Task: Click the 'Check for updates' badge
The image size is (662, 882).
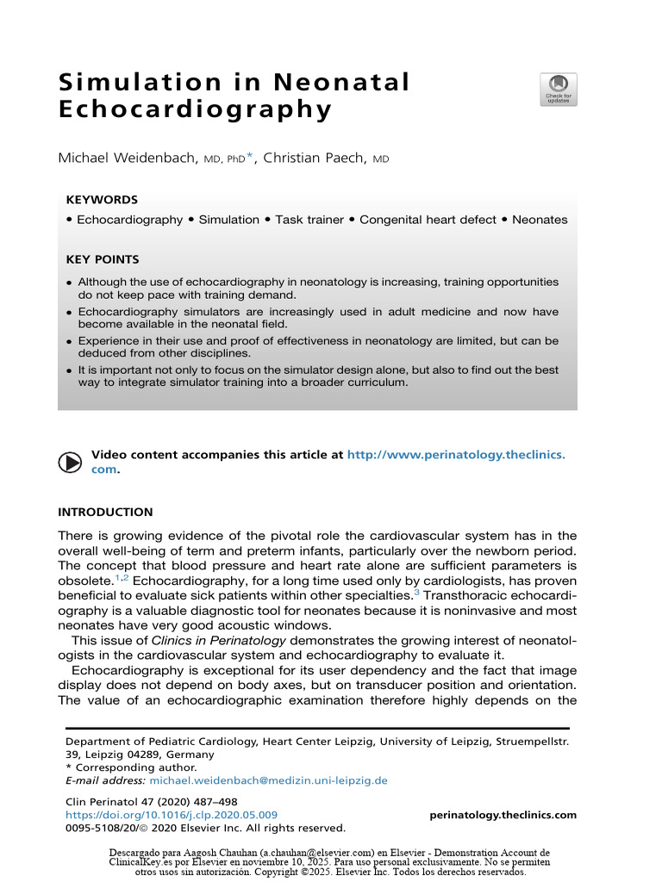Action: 559,90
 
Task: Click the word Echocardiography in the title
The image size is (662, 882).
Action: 195,111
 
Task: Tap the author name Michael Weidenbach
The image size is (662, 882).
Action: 127,158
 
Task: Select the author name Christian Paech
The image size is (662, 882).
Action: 315,158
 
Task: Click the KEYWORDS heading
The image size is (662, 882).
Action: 102,199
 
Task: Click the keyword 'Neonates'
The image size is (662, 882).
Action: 540,220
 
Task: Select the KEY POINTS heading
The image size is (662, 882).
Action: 103,259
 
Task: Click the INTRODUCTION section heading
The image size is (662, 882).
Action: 105,512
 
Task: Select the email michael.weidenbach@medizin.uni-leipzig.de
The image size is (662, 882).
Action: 268,780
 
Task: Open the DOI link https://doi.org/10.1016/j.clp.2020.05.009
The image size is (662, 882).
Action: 172,815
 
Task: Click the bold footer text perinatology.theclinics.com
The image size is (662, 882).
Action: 503,815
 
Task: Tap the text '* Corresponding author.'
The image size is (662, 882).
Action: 131,767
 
